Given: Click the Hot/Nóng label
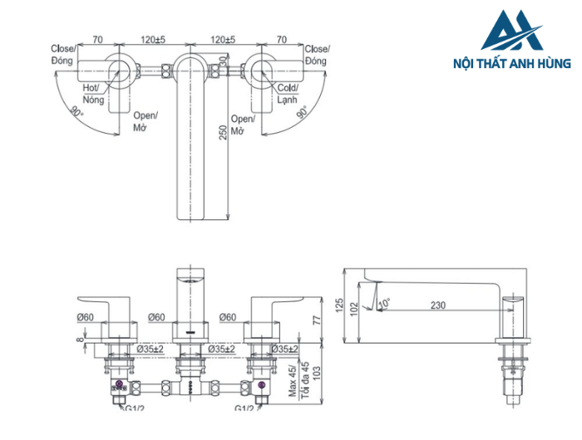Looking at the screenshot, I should [91, 93].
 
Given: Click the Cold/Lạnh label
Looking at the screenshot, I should [288, 93].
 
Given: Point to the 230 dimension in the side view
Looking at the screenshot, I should [438, 306].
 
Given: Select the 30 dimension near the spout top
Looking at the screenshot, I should [222, 65].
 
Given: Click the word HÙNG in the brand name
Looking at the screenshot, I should [555, 63].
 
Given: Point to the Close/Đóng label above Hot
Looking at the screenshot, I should [63, 56].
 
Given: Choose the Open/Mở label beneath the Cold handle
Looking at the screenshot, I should [241, 125].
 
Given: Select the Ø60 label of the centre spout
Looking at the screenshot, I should [160, 317].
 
